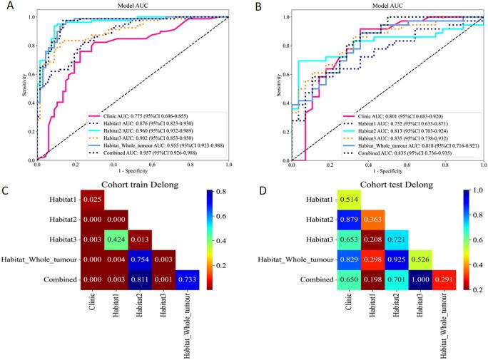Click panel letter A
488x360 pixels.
pos(6,7)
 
